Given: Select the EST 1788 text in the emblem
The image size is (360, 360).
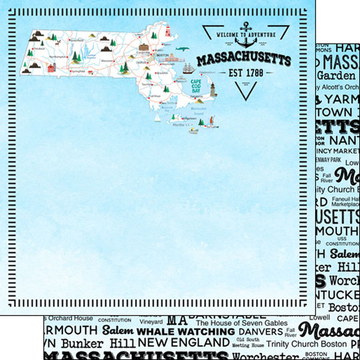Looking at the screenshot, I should [x=244, y=73].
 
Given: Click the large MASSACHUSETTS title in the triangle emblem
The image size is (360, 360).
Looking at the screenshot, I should [x=244, y=59].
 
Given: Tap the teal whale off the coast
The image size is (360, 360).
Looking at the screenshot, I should [x=182, y=49].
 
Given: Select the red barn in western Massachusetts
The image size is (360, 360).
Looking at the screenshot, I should [x=52, y=68].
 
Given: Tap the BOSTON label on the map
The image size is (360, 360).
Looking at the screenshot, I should [x=160, y=55].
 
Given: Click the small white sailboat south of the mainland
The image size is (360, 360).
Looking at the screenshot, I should [x=158, y=118].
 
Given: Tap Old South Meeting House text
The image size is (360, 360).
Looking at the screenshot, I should [x=248, y=343].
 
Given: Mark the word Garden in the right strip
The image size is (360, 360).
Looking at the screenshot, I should [x=336, y=76].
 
